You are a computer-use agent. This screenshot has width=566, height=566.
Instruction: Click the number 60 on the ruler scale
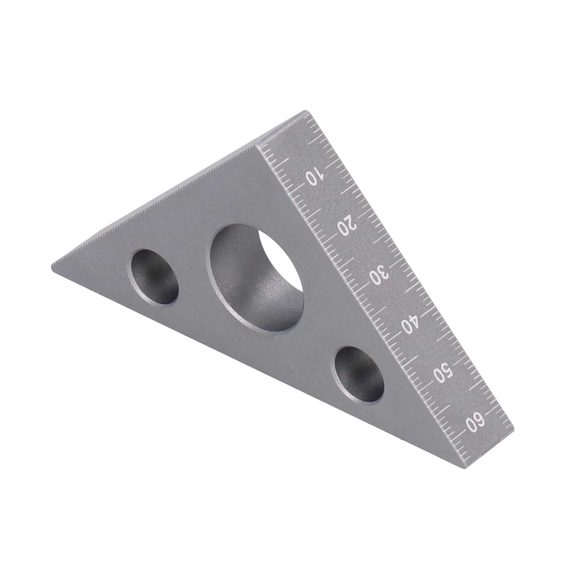(x=475, y=422)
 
